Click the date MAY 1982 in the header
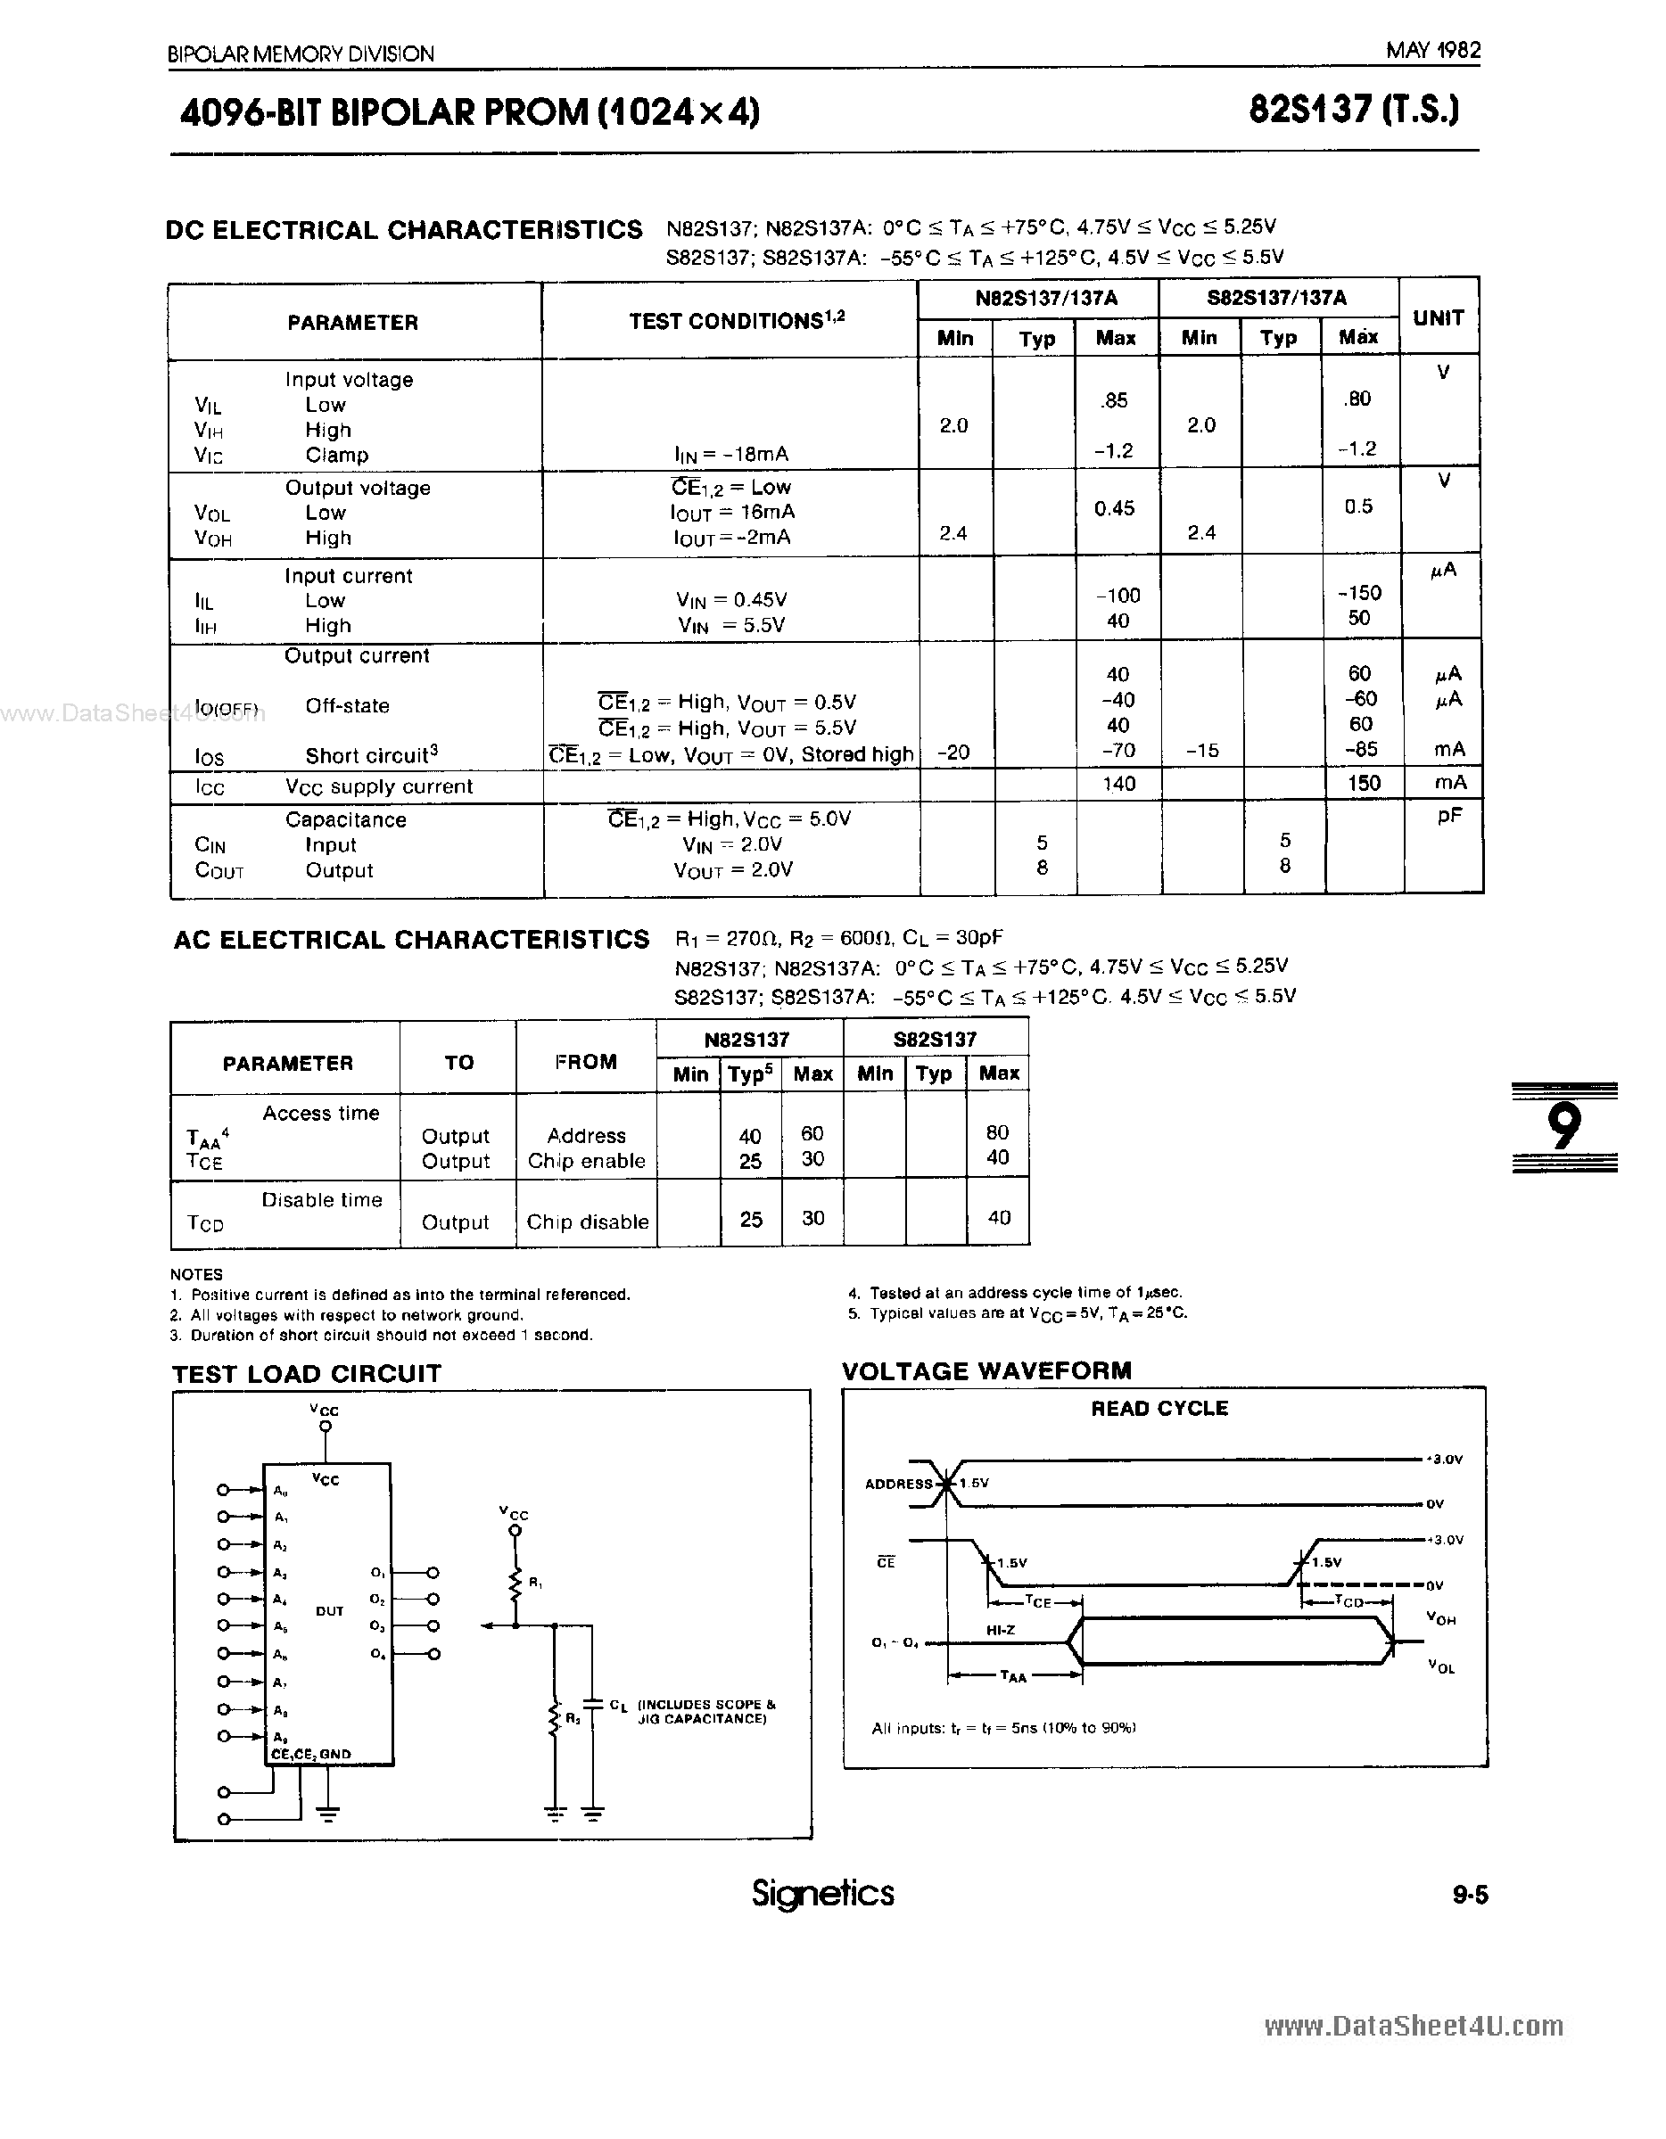(1432, 50)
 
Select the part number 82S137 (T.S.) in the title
(1354, 111)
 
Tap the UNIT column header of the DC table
(1438, 318)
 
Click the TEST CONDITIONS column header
(736, 321)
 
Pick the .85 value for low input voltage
(1115, 400)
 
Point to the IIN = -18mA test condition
(731, 455)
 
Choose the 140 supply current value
(1118, 784)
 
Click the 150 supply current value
(1364, 784)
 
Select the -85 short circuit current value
(1361, 749)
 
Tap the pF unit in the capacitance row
(1448, 817)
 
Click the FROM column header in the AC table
(586, 1062)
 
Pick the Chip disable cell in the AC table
(588, 1222)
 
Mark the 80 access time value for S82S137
(997, 1132)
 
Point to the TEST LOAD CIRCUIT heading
(307, 1374)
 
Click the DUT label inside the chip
(329, 1611)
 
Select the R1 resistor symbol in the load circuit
(515, 1584)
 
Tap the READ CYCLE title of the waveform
(1159, 1409)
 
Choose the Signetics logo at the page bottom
(822, 1892)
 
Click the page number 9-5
(1469, 1895)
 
